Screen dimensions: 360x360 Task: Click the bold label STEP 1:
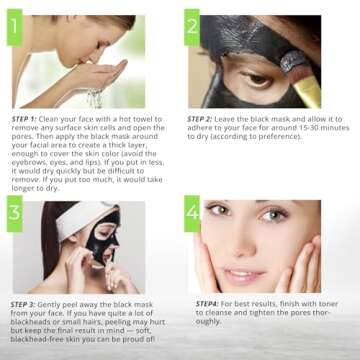[x=26, y=118]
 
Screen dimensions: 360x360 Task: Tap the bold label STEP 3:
[x=26, y=302]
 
